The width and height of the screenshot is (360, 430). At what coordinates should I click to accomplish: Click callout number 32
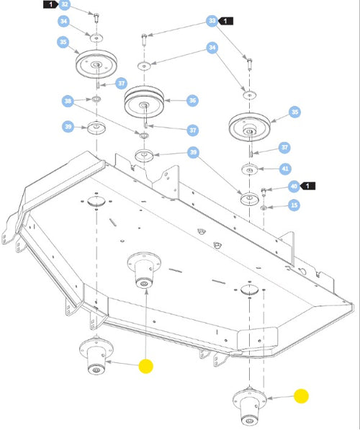64,4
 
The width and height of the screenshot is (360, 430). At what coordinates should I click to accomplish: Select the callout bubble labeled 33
212,21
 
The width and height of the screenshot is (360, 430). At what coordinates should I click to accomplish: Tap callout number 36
192,101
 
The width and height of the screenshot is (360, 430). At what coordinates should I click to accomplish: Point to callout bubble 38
68,101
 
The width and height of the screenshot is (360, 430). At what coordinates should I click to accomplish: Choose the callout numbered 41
285,169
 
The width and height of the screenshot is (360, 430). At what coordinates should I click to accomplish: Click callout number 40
294,187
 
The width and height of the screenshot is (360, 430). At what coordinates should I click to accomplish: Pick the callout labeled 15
294,205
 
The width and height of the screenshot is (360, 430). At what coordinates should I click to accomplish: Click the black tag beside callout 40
307,187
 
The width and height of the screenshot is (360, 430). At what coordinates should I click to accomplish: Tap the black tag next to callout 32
51,4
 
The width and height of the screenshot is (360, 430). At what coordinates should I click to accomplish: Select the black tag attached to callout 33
225,21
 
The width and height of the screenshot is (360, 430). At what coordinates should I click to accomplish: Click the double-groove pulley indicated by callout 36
144,102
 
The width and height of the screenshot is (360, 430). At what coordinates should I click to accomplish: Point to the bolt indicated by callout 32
96,18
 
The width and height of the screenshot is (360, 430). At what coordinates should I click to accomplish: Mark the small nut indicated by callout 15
264,208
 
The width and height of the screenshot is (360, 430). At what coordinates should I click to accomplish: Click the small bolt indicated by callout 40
264,192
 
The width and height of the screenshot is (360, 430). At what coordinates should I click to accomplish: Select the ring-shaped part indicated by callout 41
250,169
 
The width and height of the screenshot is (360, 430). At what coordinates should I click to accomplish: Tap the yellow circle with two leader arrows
146,366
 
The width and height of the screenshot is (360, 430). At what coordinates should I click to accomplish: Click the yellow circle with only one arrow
301,396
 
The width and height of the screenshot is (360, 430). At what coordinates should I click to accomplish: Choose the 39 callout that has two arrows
193,152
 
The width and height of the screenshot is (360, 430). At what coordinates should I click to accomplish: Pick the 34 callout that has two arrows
212,48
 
